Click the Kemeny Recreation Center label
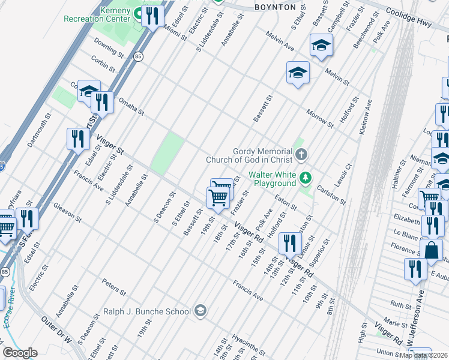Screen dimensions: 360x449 (97, 15)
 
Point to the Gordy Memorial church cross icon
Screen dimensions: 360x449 (301, 155)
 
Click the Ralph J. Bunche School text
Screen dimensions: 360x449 (147, 311)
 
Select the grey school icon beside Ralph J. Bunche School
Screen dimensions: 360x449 (200, 311)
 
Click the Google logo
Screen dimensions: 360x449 (20, 353)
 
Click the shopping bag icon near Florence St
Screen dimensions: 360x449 (432, 250)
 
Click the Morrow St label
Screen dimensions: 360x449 (319, 119)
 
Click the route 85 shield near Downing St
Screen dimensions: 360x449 (139, 56)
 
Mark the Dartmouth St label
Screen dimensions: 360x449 (37, 133)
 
